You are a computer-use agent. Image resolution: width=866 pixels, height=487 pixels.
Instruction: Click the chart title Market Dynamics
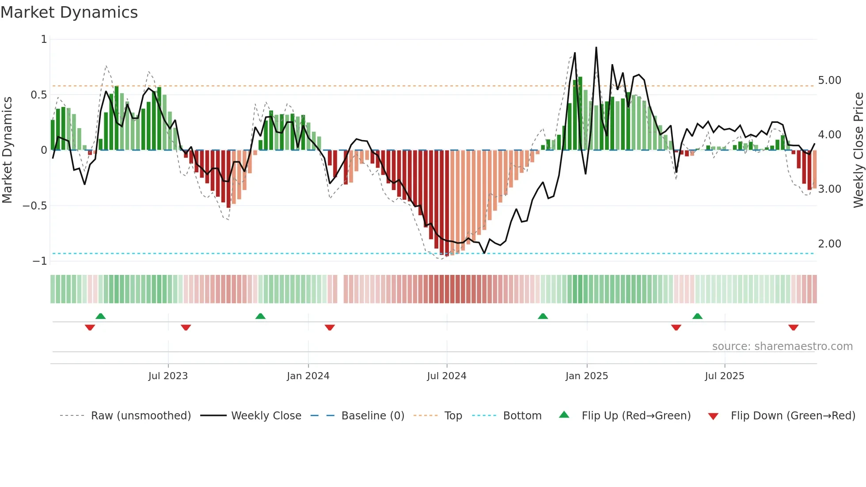[x=69, y=12]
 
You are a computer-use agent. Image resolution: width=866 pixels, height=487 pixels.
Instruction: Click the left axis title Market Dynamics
[x=7, y=150]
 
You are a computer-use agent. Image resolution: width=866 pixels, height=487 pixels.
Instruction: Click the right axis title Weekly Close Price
[x=858, y=150]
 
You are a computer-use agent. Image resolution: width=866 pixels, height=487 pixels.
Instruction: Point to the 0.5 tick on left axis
[x=39, y=95]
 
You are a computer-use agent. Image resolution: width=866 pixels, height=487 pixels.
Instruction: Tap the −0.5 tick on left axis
[x=35, y=206]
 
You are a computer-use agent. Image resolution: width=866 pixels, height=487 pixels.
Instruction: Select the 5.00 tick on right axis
[x=829, y=80]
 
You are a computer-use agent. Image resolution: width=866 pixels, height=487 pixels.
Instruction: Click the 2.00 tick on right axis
[x=829, y=244]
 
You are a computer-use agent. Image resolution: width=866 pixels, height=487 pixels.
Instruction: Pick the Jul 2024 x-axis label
[x=446, y=376]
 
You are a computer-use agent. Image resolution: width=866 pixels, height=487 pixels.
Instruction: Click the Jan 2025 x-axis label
[x=586, y=376]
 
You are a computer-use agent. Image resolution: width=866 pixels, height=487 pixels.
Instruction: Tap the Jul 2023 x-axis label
[x=168, y=376]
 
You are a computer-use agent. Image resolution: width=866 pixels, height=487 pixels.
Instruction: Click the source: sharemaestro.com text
[x=782, y=346]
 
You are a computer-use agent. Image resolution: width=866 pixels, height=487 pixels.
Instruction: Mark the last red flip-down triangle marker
[x=793, y=327]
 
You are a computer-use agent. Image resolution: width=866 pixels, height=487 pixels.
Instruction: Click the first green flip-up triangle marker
[x=101, y=316]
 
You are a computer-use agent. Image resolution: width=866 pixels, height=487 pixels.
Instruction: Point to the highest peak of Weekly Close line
[x=596, y=47]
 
